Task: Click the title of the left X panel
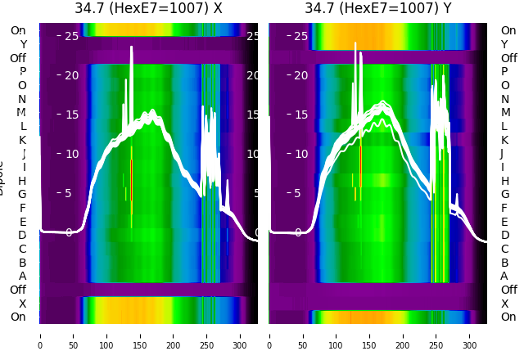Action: pos(148,9)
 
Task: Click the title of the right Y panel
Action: pos(378,9)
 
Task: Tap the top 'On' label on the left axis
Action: pos(18,31)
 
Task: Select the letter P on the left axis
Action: pos(22,72)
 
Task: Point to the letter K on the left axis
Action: pos(22,140)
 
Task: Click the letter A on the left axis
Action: pos(22,276)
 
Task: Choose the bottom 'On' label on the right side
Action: pos(508,317)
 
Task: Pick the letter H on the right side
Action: pos(505,181)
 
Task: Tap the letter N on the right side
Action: pos(505,99)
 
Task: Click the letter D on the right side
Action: pos(505,235)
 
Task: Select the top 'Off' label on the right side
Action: pos(508,58)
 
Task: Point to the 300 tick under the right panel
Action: pos(470,335)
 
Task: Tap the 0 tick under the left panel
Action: pos(40,335)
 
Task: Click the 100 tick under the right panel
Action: pos(337,335)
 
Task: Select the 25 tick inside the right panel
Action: pos(300,36)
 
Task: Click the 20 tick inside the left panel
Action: pos(71,75)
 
